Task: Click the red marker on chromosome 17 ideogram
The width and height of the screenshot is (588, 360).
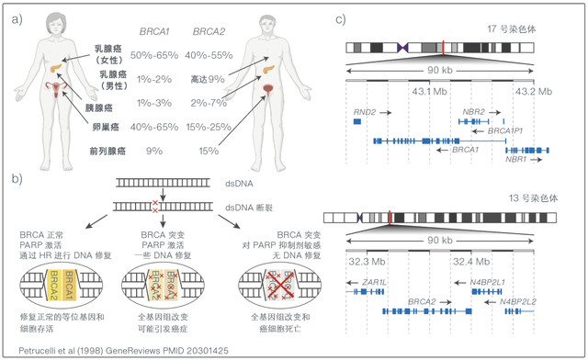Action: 444,47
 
